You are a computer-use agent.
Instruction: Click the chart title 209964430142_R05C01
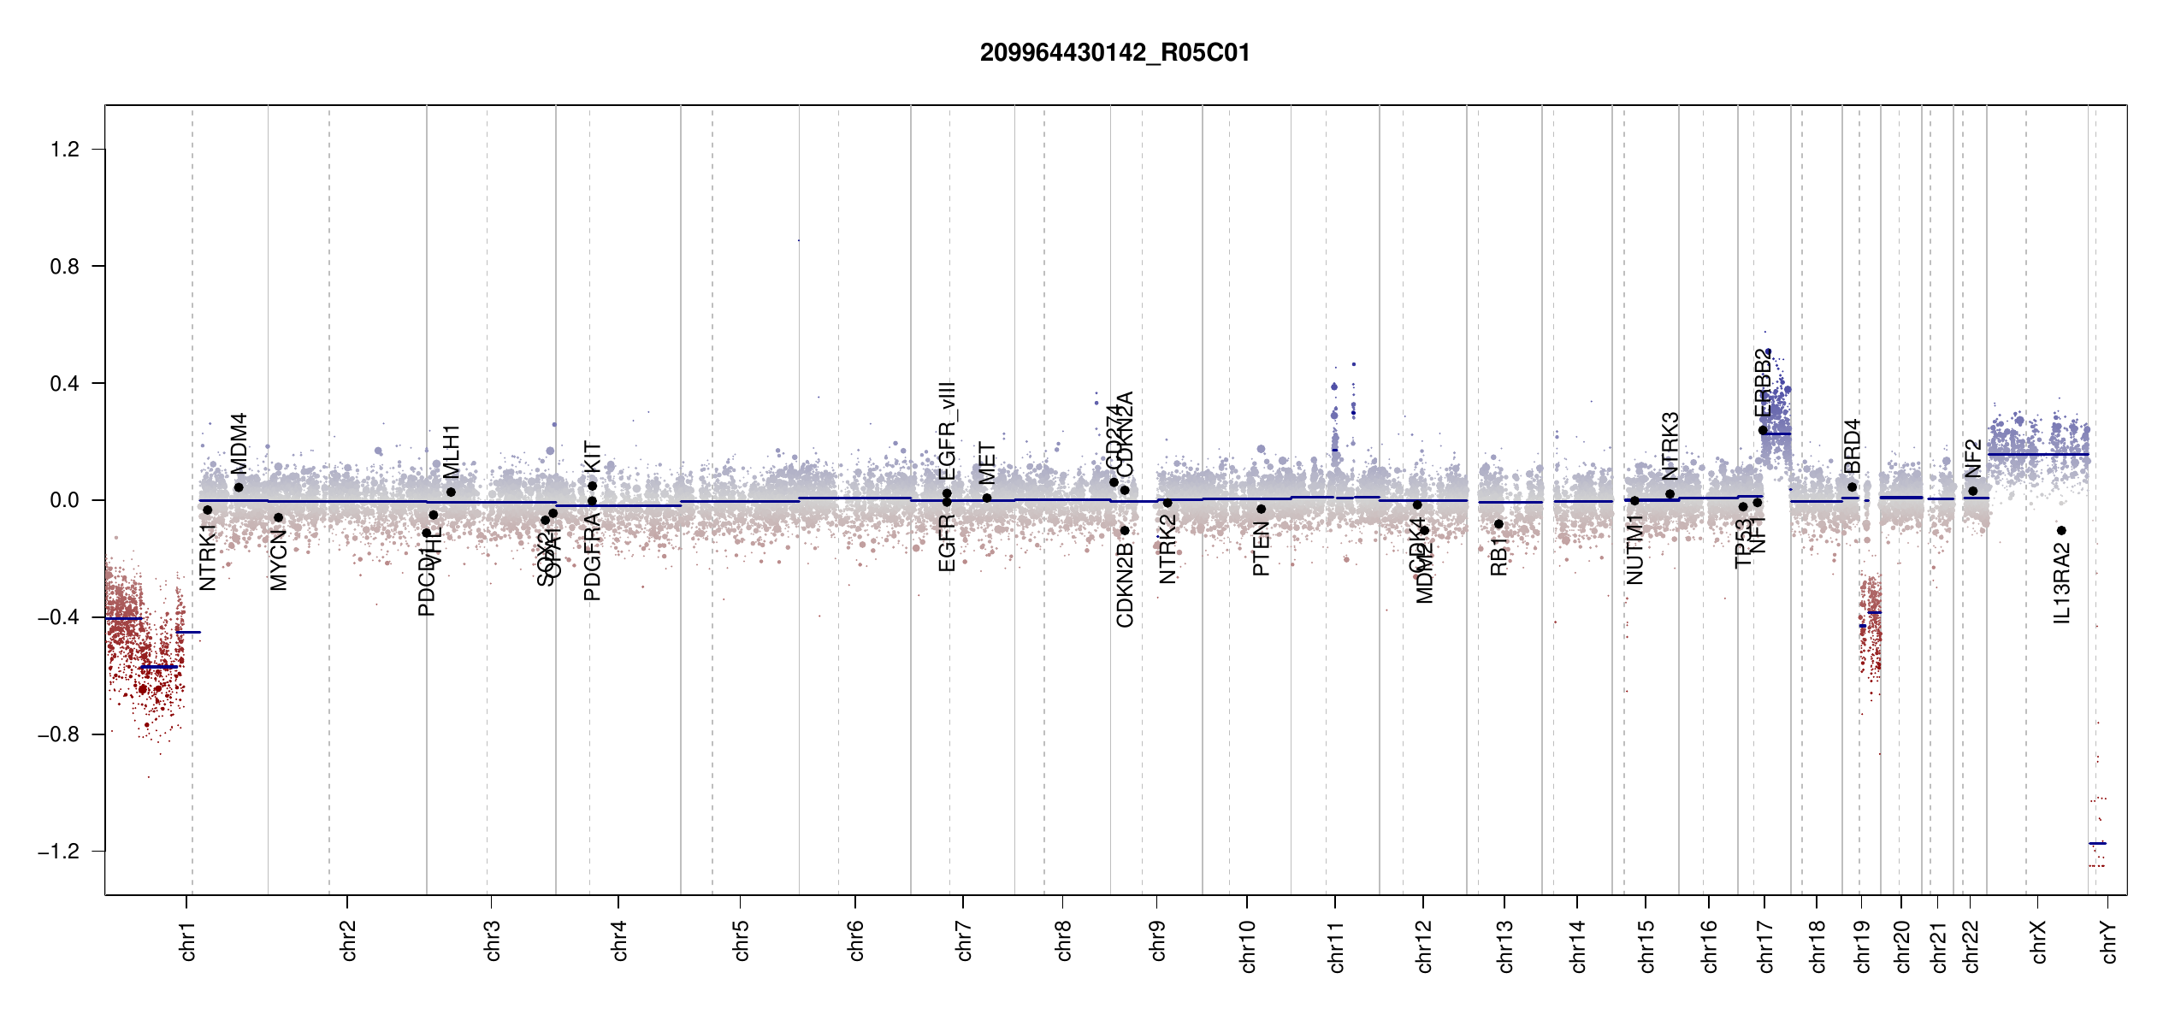[x=1114, y=53]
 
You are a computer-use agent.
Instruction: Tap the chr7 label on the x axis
[x=965, y=940]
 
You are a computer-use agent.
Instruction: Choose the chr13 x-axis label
[x=1505, y=946]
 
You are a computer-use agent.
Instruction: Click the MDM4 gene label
[x=239, y=443]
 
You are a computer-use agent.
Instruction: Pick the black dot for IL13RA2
[x=2061, y=531]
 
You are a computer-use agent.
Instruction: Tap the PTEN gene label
[x=1261, y=549]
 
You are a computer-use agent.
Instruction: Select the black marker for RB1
[x=1498, y=524]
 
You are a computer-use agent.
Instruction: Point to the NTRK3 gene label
[x=1670, y=445]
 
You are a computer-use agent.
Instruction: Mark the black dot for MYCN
[x=278, y=517]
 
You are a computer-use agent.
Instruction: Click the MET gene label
[x=987, y=463]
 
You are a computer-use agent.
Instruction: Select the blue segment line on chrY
[x=2097, y=844]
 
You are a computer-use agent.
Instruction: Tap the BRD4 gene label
[x=1852, y=445]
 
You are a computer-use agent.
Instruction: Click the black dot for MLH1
[x=451, y=492]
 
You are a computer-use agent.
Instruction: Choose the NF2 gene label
[x=1972, y=458]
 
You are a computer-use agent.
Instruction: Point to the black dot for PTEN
[x=1261, y=509]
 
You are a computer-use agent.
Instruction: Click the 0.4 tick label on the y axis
[x=64, y=384]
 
